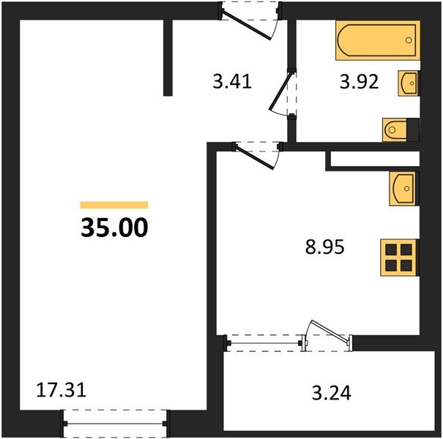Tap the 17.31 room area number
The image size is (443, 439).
coord(62,391)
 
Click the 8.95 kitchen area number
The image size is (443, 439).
coord(324,247)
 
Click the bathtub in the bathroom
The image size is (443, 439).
coord(377,40)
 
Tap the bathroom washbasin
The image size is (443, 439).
coord(408,83)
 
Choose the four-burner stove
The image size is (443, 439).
coord(399,257)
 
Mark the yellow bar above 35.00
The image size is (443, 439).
coord(113,206)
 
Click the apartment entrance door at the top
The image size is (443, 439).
coord(251,20)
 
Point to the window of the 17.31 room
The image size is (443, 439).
coord(115,422)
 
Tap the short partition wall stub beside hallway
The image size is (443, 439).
coord(168,57)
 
